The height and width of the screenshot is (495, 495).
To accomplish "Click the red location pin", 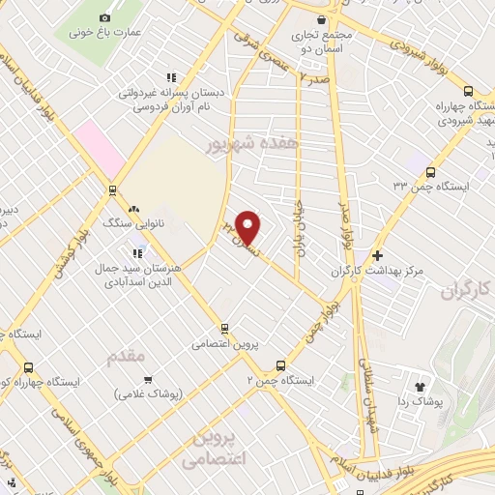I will (x=248, y=225).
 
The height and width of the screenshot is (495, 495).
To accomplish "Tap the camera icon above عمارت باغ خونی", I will (x=104, y=17).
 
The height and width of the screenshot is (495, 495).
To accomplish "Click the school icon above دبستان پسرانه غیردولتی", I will (x=171, y=77).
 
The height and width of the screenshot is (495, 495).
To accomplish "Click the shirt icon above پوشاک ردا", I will (x=420, y=387).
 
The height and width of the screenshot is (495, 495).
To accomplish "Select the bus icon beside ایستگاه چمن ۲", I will (x=280, y=366).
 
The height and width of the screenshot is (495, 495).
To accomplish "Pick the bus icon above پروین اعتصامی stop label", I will (x=224, y=329).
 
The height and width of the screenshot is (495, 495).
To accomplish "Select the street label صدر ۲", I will (x=314, y=75).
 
